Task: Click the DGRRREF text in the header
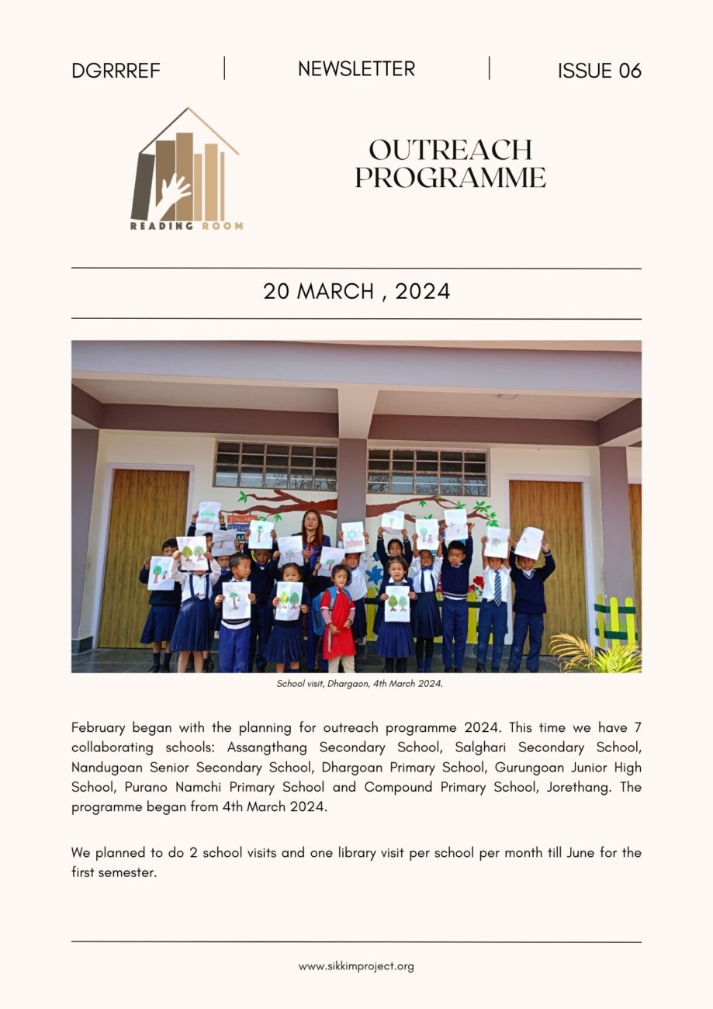(116, 71)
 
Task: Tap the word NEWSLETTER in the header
(356, 69)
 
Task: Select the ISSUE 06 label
(599, 71)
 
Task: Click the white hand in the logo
(171, 194)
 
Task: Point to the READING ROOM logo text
(186, 226)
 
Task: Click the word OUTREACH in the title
(450, 149)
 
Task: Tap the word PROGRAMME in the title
(450, 178)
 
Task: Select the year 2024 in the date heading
(422, 292)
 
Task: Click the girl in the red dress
(339, 621)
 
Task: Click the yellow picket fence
(614, 621)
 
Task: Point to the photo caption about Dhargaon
(359, 684)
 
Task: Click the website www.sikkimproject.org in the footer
(356, 966)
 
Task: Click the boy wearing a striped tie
(493, 598)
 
